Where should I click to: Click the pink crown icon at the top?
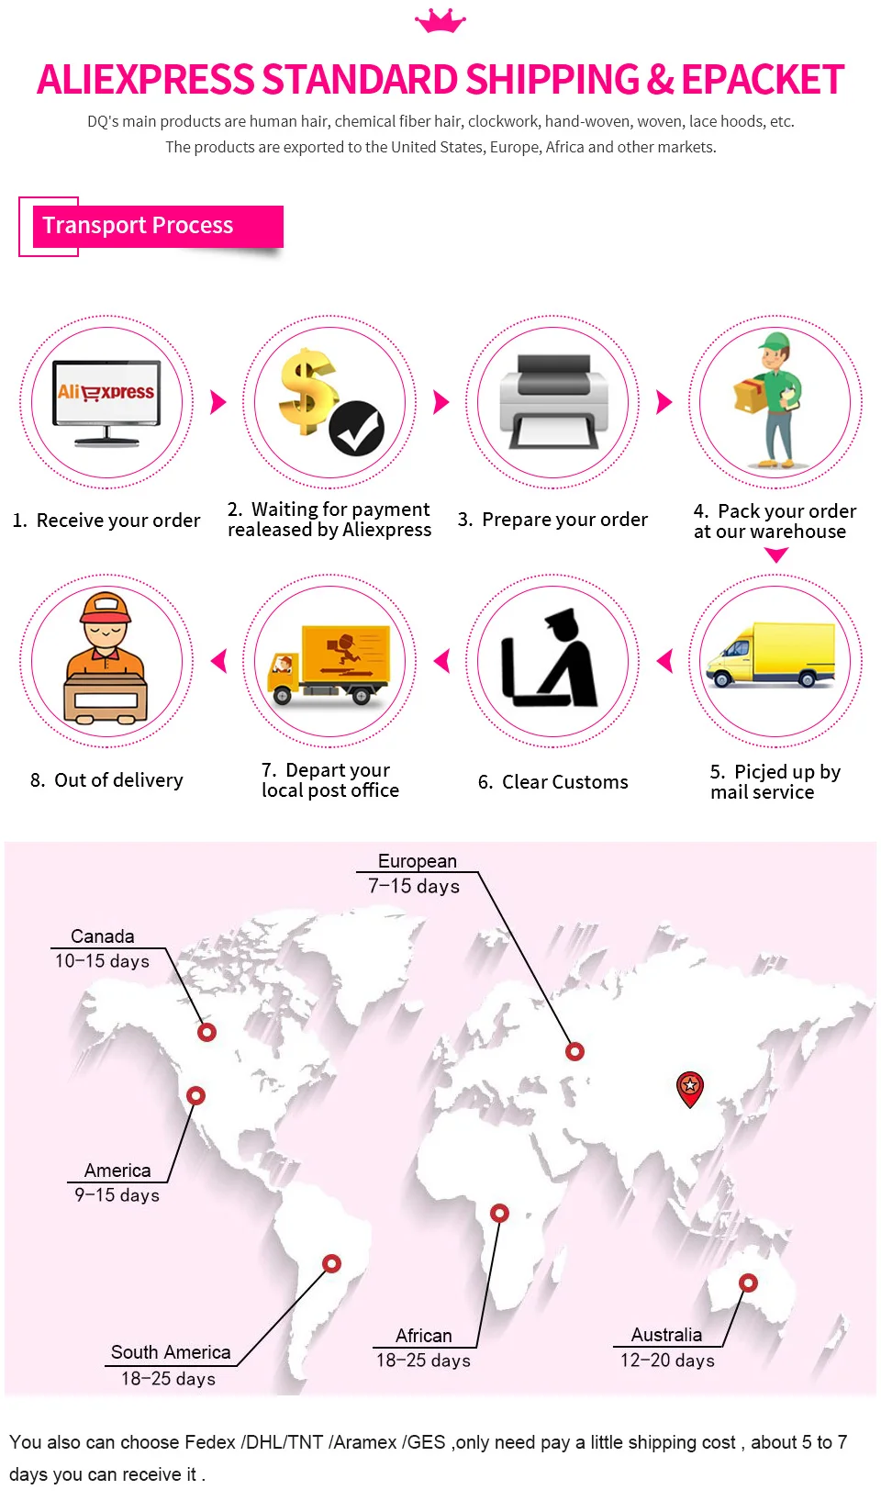(440, 21)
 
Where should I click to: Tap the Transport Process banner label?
(139, 226)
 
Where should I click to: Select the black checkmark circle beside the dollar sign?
(357, 428)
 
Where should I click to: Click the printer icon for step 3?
(553, 401)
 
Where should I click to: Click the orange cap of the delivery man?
(106, 609)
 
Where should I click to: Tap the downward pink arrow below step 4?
(776, 555)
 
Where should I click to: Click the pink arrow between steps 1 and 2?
(218, 402)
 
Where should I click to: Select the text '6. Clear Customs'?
(552, 782)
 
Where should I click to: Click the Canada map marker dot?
(207, 1032)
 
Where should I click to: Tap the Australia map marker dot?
(749, 1283)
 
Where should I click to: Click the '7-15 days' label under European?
(414, 887)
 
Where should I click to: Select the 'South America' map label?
(171, 1352)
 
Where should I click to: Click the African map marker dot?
(499, 1213)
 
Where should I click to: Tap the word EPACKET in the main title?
(763, 81)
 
